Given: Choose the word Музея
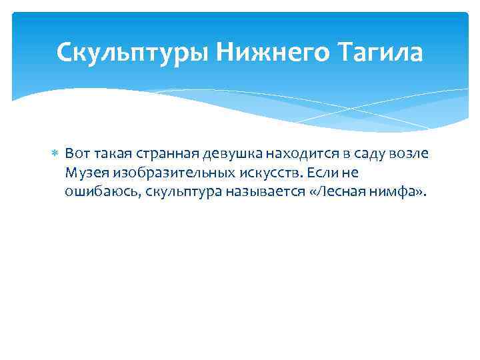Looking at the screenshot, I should coord(85,173).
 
